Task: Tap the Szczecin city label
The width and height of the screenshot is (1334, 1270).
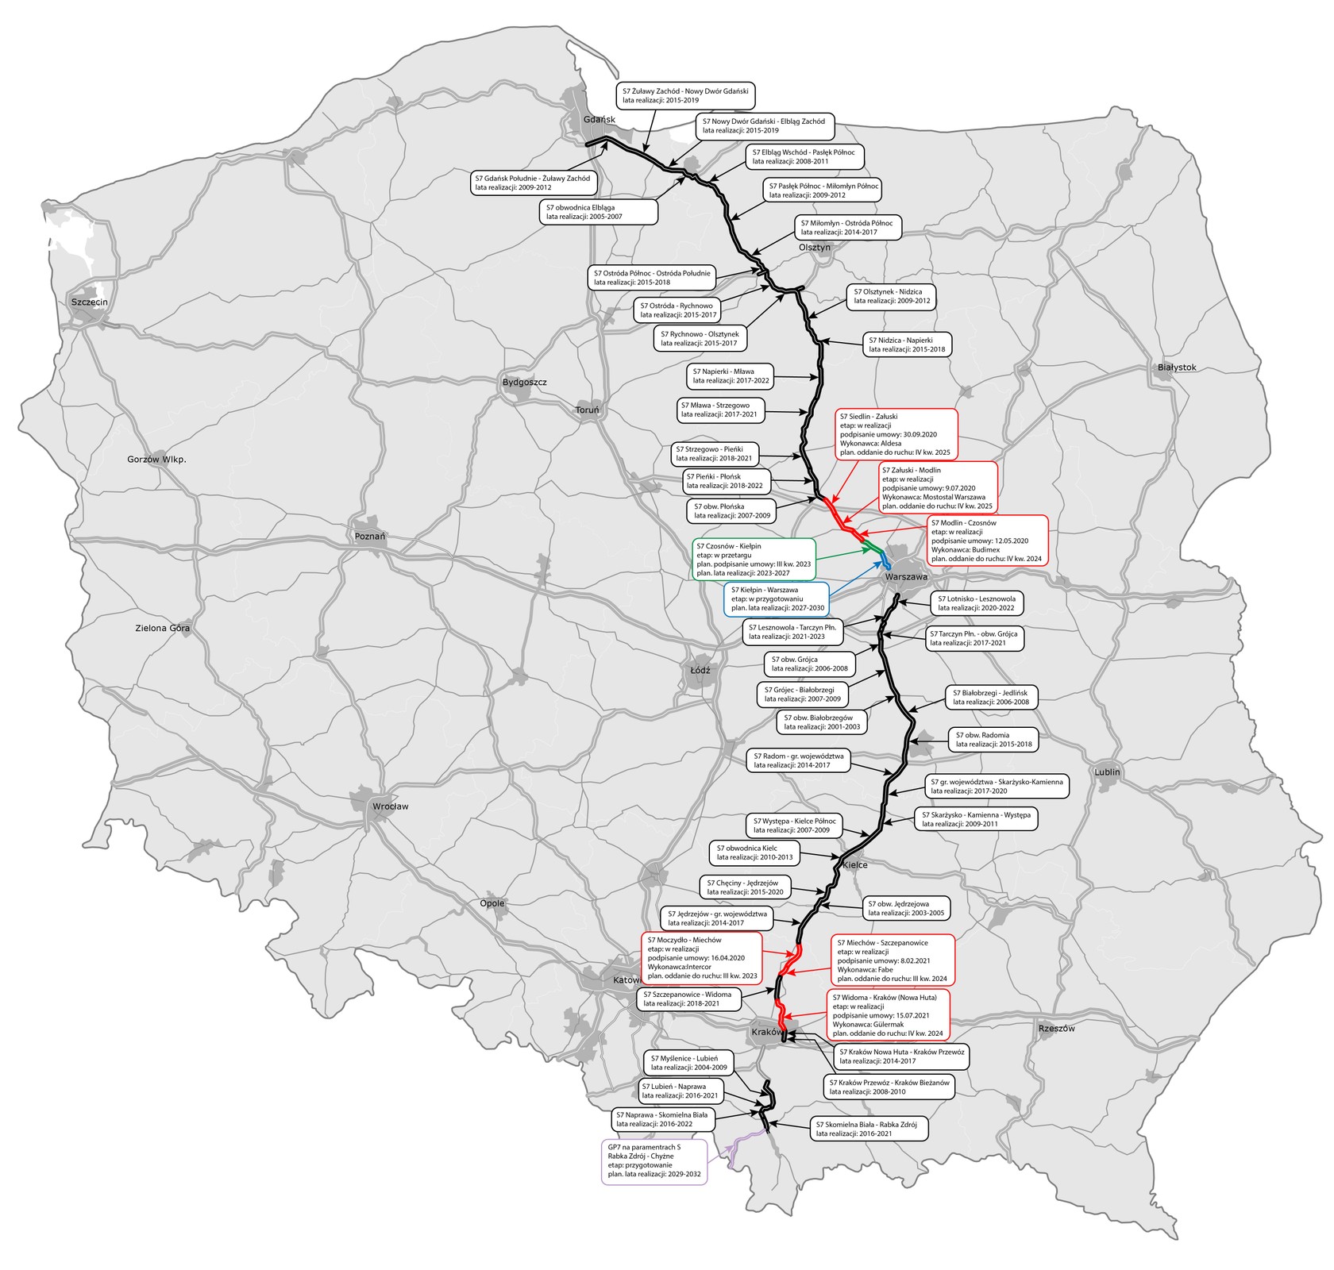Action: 89,302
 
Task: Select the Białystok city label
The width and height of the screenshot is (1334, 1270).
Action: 1177,368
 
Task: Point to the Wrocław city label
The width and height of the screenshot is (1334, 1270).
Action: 390,806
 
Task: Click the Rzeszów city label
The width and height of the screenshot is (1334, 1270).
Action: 1056,1029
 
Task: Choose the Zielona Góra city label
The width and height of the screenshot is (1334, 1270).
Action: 162,628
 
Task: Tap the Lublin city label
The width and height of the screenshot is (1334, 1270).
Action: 1107,772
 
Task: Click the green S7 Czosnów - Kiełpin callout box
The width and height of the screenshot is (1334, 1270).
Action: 754,560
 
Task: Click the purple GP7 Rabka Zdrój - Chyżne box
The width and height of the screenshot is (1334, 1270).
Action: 654,1162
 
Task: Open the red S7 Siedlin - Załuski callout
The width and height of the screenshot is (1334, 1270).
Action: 896,434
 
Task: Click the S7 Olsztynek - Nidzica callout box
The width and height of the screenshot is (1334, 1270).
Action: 891,296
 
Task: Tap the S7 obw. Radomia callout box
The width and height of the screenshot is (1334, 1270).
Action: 993,740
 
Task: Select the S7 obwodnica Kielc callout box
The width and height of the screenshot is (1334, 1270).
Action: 754,852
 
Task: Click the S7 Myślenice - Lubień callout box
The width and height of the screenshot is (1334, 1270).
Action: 688,1062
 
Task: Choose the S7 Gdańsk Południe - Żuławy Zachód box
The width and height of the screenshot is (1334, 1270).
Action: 533,183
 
